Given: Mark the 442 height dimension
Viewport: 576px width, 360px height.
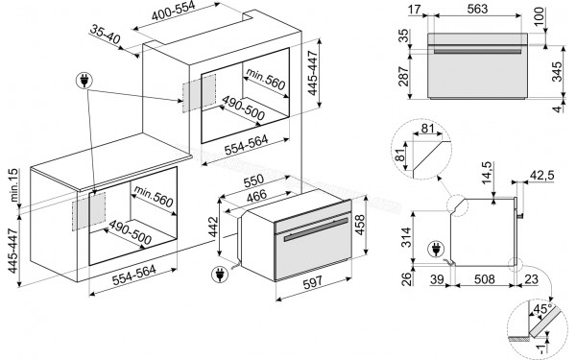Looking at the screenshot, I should pyautogui.click(x=213, y=229).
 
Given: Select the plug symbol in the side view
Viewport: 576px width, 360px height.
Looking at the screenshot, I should pyautogui.click(x=439, y=249).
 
